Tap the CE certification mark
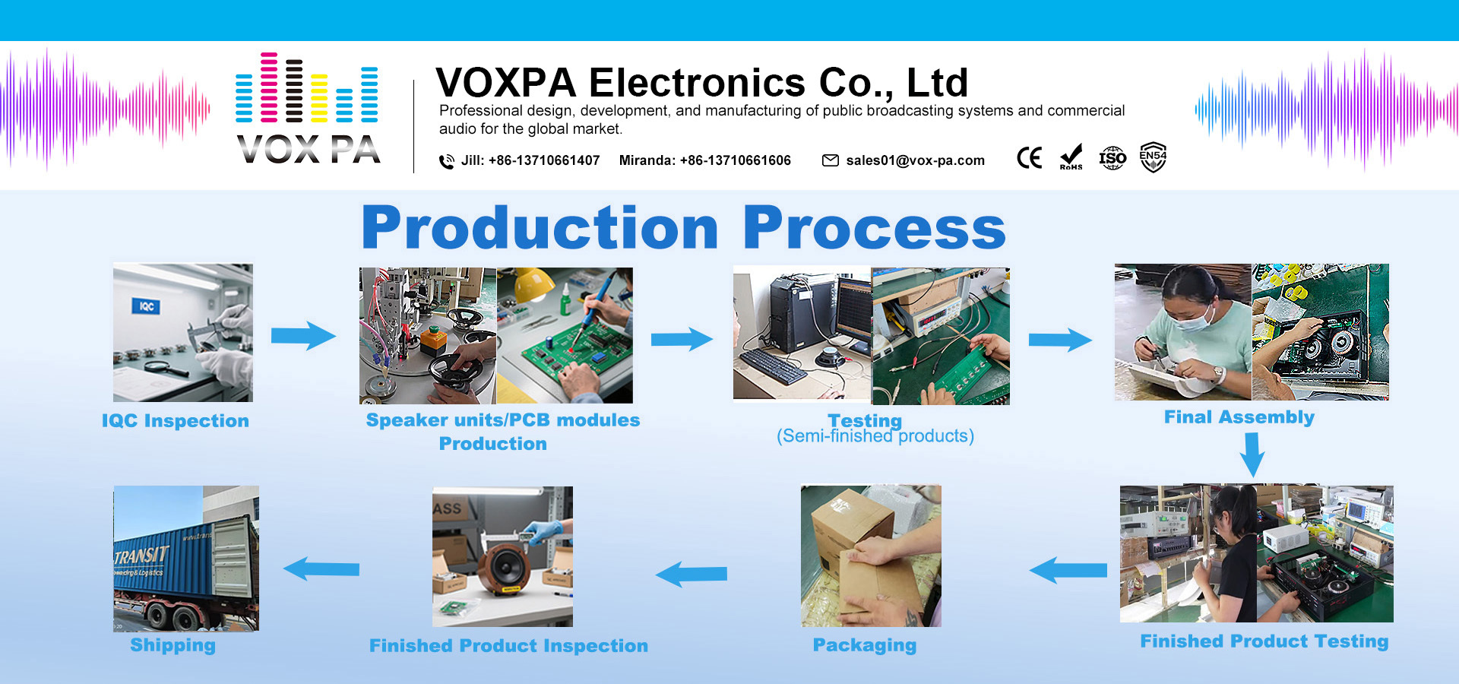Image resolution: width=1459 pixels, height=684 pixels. [1030, 158]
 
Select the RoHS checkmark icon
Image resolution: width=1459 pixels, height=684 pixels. [1071, 157]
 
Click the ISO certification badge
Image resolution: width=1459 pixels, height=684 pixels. [1112, 158]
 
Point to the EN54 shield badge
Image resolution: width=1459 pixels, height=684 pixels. [1153, 157]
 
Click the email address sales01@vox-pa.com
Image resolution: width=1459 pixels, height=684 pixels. [915, 160]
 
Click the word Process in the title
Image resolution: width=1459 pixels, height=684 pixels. [874, 228]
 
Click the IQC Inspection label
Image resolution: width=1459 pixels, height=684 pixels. [176, 421]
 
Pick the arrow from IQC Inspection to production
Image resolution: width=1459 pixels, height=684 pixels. [303, 335]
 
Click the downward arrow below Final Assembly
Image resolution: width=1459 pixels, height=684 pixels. [1252, 454]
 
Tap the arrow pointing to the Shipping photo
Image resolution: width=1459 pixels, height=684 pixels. [321, 568]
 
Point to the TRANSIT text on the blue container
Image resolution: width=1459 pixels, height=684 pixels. [141, 556]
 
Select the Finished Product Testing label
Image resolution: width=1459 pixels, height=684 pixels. [1264, 641]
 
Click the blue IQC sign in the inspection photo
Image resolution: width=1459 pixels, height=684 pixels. [147, 306]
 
